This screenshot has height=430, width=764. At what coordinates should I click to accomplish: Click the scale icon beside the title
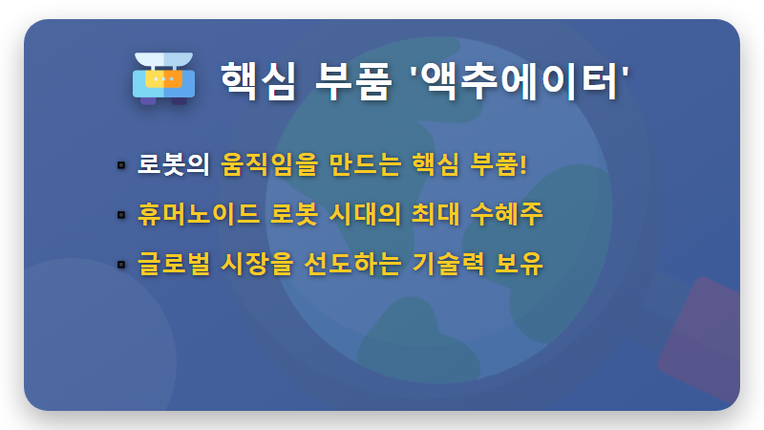click(164, 77)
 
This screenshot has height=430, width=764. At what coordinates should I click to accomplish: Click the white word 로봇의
click(173, 164)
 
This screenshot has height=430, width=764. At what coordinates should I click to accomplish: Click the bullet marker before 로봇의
click(121, 165)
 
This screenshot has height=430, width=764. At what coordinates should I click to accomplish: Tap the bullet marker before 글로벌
click(121, 264)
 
